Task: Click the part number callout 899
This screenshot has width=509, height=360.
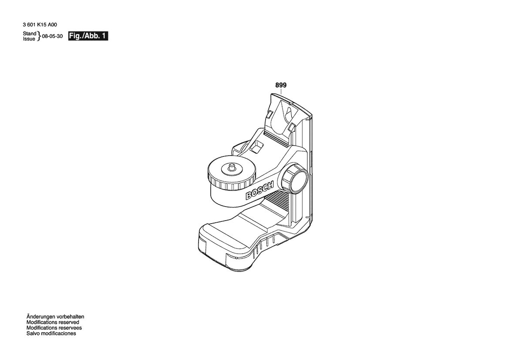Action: click(x=281, y=85)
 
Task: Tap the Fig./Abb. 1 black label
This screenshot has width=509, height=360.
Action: click(x=88, y=36)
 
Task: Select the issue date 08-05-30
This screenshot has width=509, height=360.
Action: click(x=52, y=36)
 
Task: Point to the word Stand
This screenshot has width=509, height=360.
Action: click(x=30, y=34)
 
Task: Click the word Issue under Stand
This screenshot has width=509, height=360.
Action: click(x=29, y=39)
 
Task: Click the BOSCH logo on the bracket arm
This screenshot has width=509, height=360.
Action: click(x=260, y=191)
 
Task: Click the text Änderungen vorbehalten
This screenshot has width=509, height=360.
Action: click(x=55, y=317)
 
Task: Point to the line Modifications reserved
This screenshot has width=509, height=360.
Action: click(x=53, y=323)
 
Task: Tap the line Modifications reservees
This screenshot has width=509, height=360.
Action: click(x=54, y=328)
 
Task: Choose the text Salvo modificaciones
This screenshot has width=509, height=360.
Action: click(x=51, y=333)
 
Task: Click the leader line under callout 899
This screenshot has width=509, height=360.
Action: click(x=281, y=91)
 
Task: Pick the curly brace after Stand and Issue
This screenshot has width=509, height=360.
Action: click(x=39, y=36)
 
